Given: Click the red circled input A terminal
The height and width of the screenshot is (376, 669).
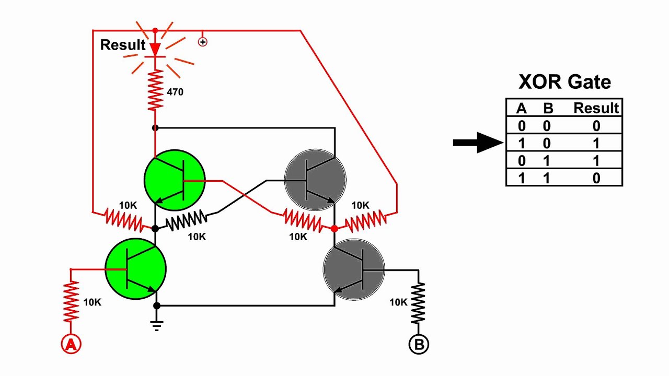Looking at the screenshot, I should click(x=72, y=344).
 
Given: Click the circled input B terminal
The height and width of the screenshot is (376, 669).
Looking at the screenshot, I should click(x=419, y=344).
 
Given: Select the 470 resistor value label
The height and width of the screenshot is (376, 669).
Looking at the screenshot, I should click(x=175, y=92).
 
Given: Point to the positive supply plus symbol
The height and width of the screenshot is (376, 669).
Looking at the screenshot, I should click(x=203, y=42).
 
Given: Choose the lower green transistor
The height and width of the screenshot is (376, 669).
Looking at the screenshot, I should click(x=136, y=269).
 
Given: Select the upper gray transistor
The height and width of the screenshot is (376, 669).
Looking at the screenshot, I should click(x=315, y=181).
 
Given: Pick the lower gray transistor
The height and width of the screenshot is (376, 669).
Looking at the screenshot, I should click(x=354, y=269).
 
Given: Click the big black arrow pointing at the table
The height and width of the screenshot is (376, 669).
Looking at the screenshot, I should click(x=477, y=142).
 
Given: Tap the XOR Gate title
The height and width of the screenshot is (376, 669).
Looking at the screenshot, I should click(x=564, y=82).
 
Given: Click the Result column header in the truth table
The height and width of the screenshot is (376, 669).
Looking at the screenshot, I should click(x=596, y=108).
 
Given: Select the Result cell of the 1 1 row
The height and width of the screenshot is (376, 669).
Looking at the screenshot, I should click(x=596, y=178).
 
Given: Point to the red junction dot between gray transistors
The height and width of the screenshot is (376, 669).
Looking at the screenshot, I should click(x=334, y=228).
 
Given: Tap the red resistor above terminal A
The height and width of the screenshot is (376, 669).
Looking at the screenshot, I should click(x=72, y=301).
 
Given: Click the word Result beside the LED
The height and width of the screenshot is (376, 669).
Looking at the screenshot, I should click(x=123, y=45).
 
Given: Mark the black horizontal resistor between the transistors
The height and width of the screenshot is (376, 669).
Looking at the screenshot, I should click(x=186, y=221).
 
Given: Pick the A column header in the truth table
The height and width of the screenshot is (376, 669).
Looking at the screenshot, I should click(x=521, y=108).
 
